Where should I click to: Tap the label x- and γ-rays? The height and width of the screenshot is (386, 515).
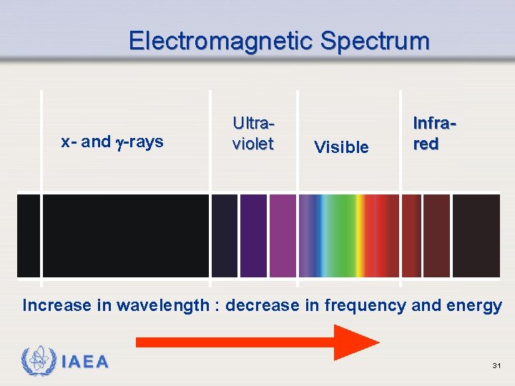(112, 142)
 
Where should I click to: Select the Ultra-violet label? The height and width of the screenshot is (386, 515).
(252, 133)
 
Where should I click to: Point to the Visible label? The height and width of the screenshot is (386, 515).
(341, 147)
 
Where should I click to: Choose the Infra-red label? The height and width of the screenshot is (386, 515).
(434, 133)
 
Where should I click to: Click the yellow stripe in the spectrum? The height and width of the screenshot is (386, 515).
(361, 235)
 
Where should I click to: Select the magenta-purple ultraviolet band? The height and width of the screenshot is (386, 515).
(283, 235)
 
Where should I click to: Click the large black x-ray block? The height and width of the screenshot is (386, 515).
(125, 235)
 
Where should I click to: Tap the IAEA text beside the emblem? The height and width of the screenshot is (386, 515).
(85, 362)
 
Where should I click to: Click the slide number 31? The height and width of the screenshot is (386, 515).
(496, 366)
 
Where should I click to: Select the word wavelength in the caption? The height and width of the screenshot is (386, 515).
(163, 306)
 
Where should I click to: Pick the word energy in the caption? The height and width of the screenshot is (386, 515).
(474, 306)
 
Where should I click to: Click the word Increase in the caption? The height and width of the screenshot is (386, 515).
(57, 306)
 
